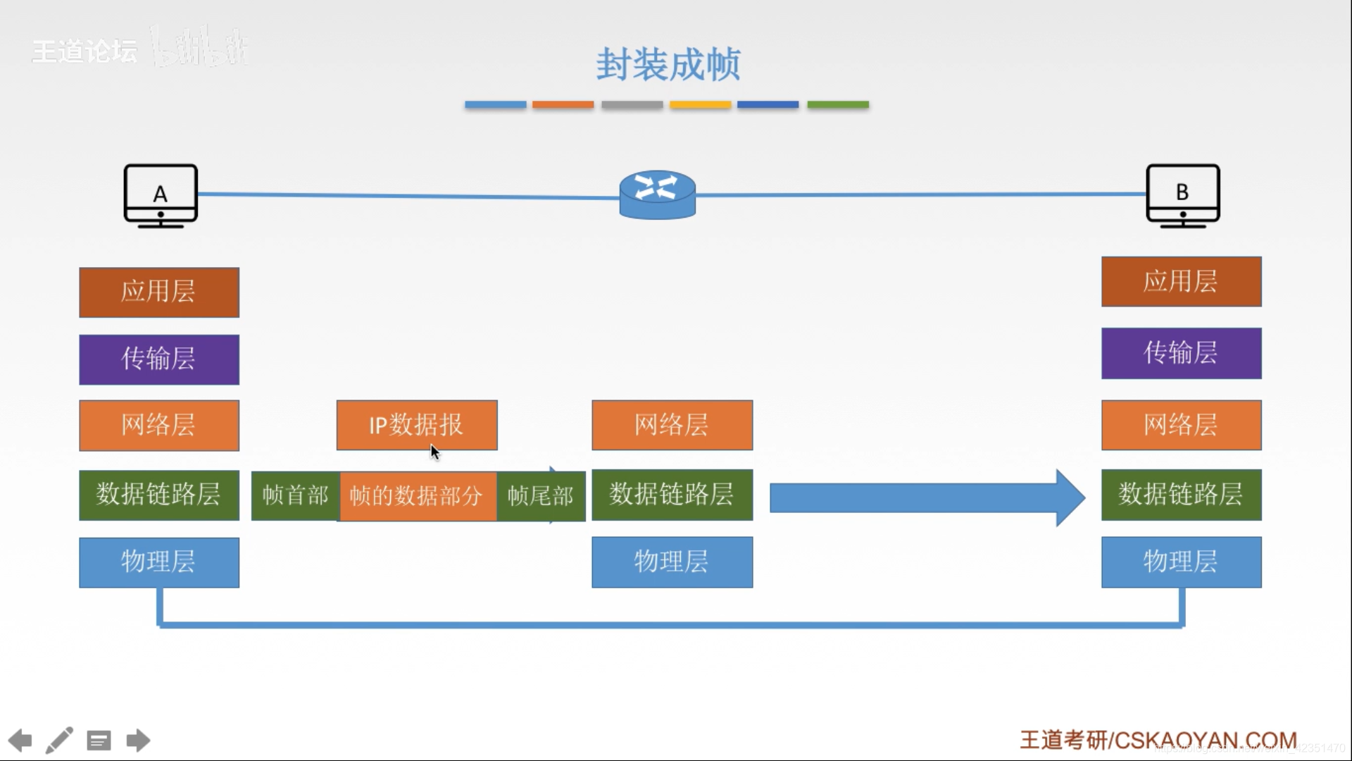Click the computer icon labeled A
tap(161, 196)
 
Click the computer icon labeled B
tap(1182, 196)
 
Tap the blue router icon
tap(657, 194)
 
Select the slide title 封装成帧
tap(668, 65)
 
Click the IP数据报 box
tap(417, 425)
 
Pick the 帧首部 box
tap(296, 496)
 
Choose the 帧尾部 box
tap(541, 496)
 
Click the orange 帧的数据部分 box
tap(418, 496)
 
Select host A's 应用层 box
tap(159, 292)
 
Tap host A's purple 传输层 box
tap(159, 359)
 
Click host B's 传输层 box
tap(1181, 353)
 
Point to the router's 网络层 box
tap(672, 425)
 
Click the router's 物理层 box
tap(672, 562)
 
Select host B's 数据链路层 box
tap(1181, 495)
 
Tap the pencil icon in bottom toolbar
tap(59, 741)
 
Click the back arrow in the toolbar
tap(20, 741)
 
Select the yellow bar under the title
tap(700, 105)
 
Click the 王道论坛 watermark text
tap(84, 51)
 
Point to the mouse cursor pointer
tap(434, 452)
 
